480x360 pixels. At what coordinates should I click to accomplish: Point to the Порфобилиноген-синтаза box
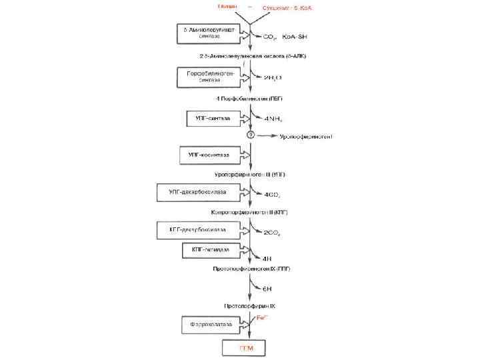tap(206, 77)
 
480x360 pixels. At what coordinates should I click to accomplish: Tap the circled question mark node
tap(251, 136)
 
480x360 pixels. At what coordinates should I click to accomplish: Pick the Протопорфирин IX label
tap(249, 305)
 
